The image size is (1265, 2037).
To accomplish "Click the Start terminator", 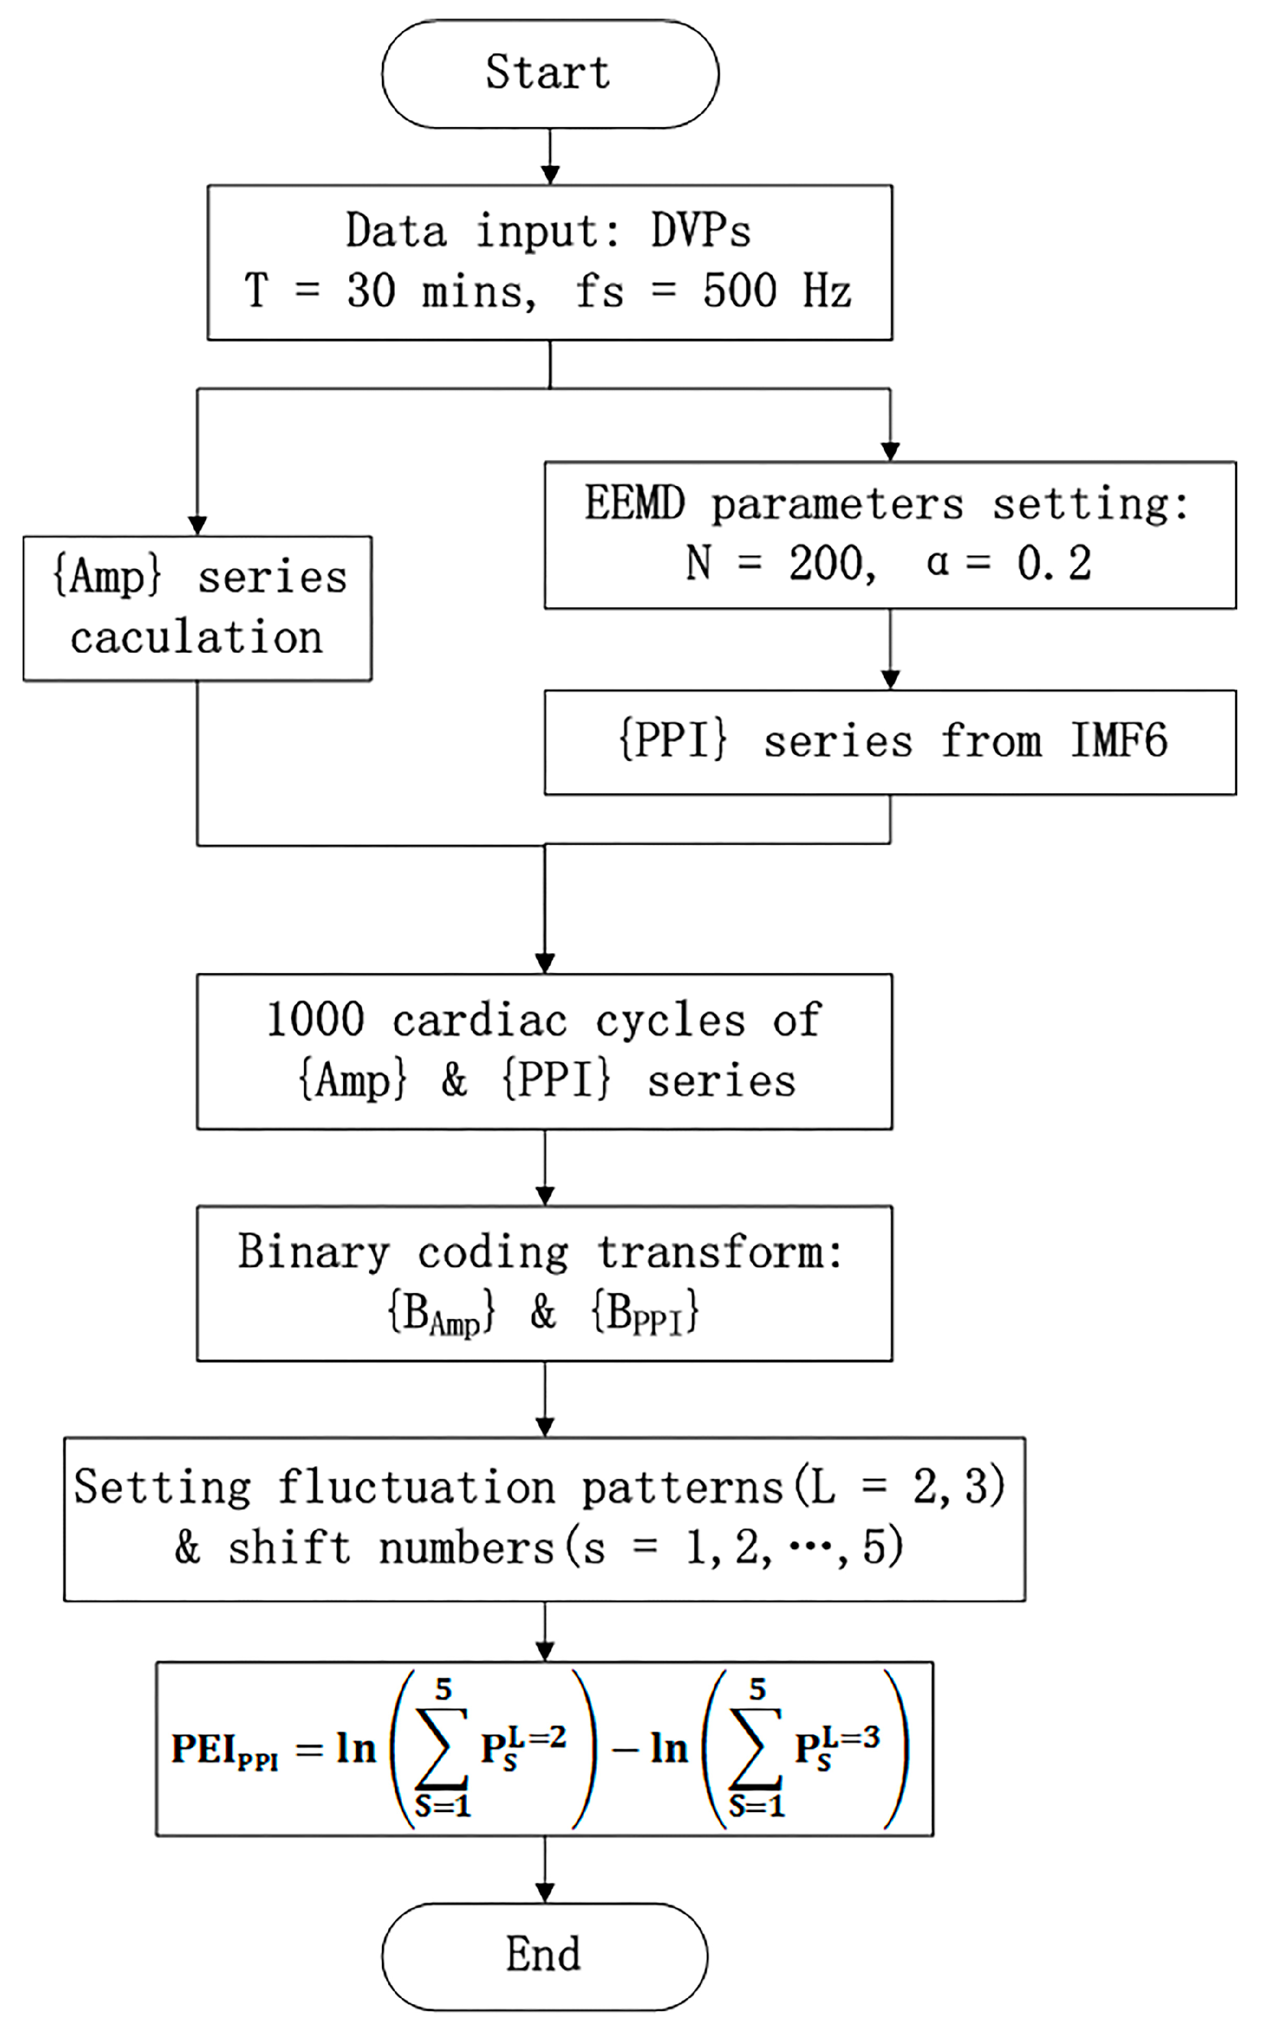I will [x=550, y=73].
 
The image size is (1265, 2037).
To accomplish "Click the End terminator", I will [x=544, y=1956].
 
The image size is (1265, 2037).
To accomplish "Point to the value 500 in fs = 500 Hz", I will [x=740, y=291].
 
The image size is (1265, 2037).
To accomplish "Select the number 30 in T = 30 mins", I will [x=371, y=291].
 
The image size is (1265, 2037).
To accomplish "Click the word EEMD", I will [x=634, y=503].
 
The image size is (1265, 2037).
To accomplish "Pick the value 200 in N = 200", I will [x=827, y=563].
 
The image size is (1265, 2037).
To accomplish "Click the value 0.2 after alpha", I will [x=1054, y=563].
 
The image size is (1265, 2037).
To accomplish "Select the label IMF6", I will [x=1119, y=741].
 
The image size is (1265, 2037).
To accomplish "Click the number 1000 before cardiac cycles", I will [x=315, y=1020].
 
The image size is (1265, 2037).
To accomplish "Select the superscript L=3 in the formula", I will [x=853, y=1738].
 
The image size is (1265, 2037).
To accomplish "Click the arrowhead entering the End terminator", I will [x=545, y=1892].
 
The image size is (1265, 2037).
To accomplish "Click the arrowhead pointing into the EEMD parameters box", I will [x=890, y=451].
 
